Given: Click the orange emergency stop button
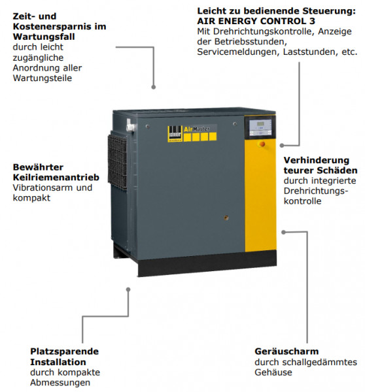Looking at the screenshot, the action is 262,144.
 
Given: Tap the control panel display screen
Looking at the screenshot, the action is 260,123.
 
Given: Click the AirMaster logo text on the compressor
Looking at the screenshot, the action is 197,129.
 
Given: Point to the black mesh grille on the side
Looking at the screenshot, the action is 117,161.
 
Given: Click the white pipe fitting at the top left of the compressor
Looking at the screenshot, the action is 131,125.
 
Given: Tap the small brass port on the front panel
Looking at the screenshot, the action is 226,218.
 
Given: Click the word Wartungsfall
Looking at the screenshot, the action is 44,37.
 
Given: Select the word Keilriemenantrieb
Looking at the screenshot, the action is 56,177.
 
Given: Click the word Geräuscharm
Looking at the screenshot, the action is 287,351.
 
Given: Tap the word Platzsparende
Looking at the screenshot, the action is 65,351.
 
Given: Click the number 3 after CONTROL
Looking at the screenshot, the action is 312,21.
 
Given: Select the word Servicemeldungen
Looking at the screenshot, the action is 238,52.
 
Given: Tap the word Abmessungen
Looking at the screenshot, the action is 60,382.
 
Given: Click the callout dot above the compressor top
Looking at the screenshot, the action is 154,87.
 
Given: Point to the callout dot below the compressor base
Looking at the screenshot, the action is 128,289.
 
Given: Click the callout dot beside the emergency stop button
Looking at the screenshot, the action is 282,145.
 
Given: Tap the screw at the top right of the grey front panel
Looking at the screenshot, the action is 235,124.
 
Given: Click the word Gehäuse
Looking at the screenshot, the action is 273,372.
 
